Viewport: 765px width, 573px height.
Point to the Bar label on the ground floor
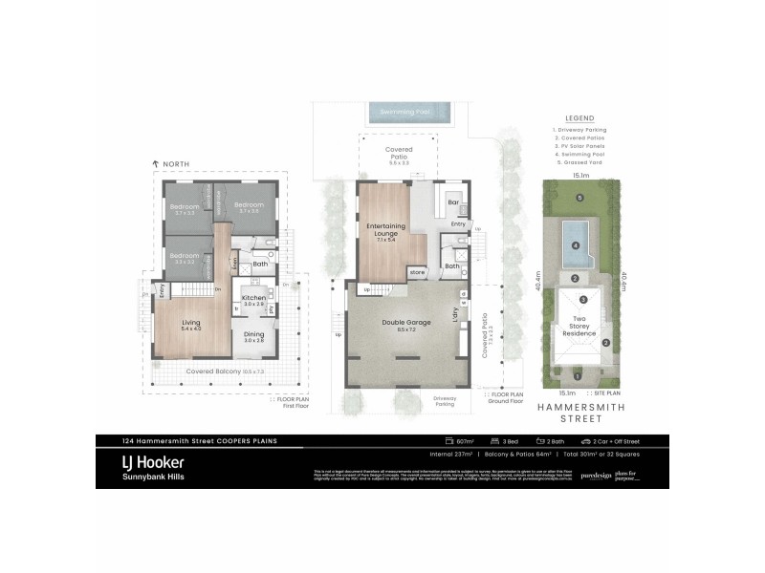[454, 203]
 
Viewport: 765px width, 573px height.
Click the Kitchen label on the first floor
[252, 298]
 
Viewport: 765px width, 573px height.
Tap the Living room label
[191, 323]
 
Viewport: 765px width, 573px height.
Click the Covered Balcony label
[212, 371]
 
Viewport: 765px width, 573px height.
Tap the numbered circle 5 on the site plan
[579, 198]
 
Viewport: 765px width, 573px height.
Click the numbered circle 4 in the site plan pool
[575, 245]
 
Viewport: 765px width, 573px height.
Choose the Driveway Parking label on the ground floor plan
[446, 400]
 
